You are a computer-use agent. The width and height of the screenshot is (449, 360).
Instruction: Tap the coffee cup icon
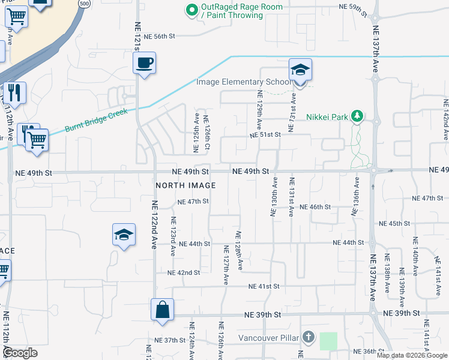pos(145,62)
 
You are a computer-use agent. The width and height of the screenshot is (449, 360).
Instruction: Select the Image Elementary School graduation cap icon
pos(300,70)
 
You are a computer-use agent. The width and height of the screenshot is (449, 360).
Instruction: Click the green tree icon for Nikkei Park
pos(357,116)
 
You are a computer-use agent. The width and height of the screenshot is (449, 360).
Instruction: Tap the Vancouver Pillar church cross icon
pos(308,337)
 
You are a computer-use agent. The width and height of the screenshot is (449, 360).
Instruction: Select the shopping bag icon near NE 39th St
pos(162,310)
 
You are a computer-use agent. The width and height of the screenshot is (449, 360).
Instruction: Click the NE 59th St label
pos(352,7)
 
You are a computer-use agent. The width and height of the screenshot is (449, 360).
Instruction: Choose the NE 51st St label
pos(266,134)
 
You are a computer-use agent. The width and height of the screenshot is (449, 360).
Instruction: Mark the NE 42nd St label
pos(184,272)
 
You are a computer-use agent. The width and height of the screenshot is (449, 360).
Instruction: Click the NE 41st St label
pos(265,286)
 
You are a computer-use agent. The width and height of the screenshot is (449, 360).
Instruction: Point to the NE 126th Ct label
pos(206,133)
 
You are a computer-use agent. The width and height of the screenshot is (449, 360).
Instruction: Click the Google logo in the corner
pos(21,353)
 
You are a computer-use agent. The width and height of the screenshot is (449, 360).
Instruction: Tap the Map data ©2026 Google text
pos(412,355)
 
